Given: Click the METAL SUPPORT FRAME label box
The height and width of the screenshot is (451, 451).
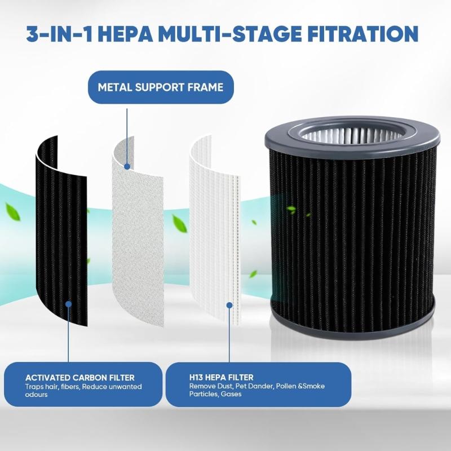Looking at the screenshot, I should point(161,87).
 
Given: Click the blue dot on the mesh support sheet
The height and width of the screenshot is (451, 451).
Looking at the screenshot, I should point(128,166).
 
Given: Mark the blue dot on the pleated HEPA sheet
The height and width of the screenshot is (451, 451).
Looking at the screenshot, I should point(229,305).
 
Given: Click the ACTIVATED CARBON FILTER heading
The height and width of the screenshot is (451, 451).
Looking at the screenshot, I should point(80,377).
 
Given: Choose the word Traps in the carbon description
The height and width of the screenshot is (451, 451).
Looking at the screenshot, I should point(34,387).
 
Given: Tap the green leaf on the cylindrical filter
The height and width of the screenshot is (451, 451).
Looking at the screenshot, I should point(291,209).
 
